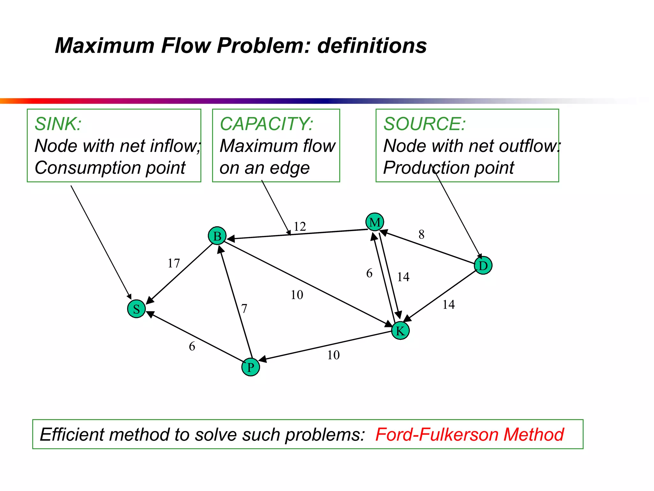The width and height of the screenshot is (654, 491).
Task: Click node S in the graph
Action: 136,309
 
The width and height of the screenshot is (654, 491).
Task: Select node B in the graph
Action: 217,236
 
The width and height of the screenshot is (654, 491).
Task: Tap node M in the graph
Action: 375,222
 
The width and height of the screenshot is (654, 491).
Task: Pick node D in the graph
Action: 483,265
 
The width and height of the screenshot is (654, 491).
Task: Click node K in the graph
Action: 400,331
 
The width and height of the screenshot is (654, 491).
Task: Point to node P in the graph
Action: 251,367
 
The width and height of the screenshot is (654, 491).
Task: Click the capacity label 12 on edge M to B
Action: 300,227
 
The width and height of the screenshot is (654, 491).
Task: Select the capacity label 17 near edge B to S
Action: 174,263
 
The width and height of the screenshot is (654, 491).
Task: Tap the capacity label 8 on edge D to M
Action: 422,235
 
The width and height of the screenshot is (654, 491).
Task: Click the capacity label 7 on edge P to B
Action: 244,309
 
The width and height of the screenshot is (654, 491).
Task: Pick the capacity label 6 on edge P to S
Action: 192,347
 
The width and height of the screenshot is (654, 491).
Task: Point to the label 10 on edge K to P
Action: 333,355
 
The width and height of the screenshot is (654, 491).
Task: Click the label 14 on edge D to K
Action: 448,305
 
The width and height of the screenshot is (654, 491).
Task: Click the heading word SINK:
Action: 58,124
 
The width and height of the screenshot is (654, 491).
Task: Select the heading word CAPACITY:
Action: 266,124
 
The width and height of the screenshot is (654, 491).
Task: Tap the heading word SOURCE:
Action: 424,124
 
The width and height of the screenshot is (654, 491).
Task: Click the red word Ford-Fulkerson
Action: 437,434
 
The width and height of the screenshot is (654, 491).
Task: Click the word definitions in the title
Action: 372,45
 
